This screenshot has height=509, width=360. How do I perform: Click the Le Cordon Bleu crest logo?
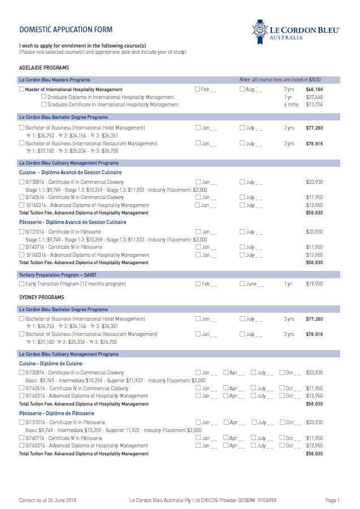(x=261, y=30)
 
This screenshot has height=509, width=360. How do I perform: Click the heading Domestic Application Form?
(x=66, y=30)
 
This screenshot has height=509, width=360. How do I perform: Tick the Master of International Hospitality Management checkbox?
(x=22, y=89)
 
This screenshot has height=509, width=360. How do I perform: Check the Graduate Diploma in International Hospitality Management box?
(x=44, y=97)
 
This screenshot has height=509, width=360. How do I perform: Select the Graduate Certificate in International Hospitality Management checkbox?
(x=44, y=105)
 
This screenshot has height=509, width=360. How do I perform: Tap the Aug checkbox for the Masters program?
(x=242, y=89)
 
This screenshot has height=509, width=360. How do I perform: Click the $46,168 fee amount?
(x=314, y=89)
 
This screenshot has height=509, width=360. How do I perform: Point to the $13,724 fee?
(x=314, y=105)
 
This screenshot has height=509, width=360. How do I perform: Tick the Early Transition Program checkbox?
(x=22, y=284)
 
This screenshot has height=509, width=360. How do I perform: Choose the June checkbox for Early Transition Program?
(x=242, y=284)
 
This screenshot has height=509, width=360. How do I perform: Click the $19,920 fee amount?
(x=314, y=284)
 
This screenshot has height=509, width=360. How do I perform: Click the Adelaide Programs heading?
(x=44, y=68)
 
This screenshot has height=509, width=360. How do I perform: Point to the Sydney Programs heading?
(x=41, y=297)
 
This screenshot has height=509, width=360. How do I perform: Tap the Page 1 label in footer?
(x=332, y=501)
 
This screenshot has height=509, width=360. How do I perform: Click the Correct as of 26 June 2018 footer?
(x=47, y=501)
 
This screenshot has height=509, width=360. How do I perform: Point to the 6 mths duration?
(x=290, y=105)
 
